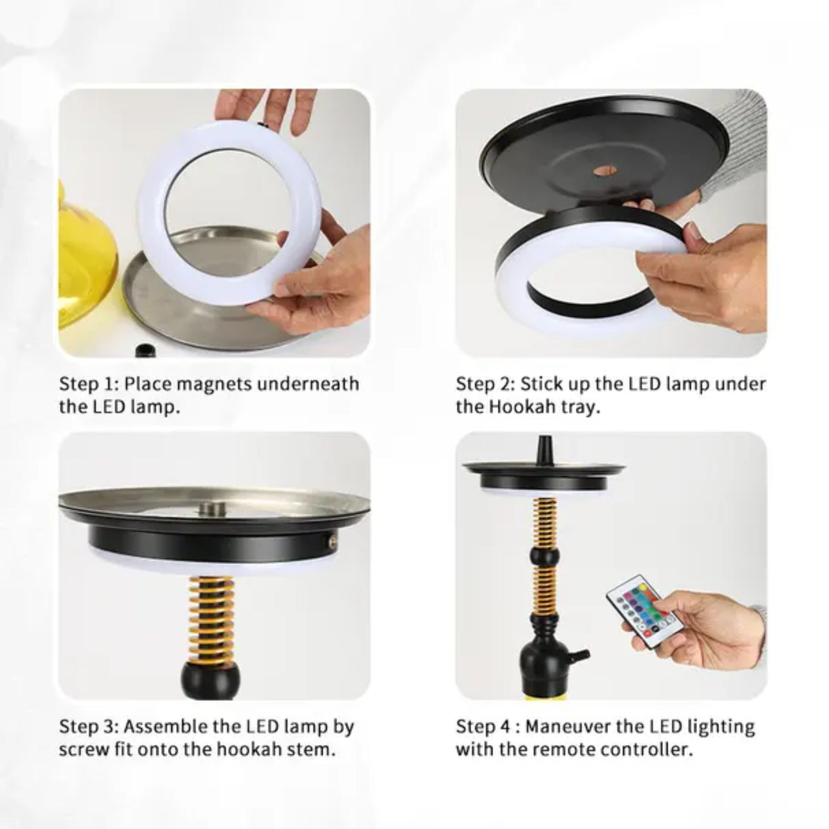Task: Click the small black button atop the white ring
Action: pos(260,125)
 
